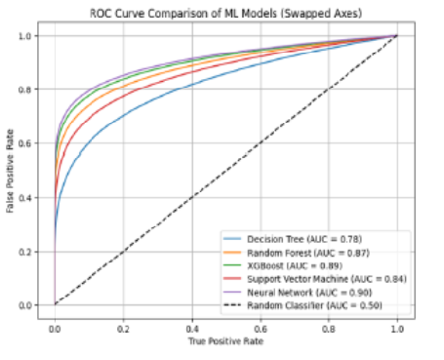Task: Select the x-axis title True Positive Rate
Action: (225, 340)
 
